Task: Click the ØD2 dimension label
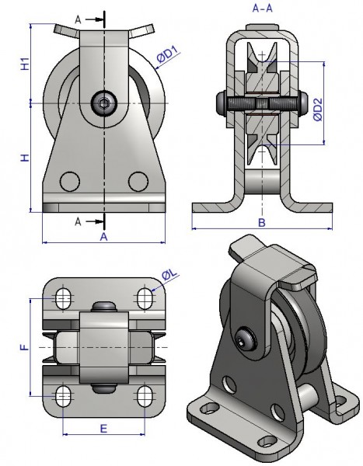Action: coord(318,110)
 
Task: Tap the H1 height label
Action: coord(26,64)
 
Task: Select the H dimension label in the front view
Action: coord(26,157)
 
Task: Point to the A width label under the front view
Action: coord(103,237)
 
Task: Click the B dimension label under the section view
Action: coord(261,222)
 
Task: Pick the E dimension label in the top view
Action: coord(103,429)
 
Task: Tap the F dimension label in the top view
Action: coord(25,347)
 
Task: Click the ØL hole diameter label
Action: coord(169,275)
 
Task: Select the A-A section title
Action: coord(262,9)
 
